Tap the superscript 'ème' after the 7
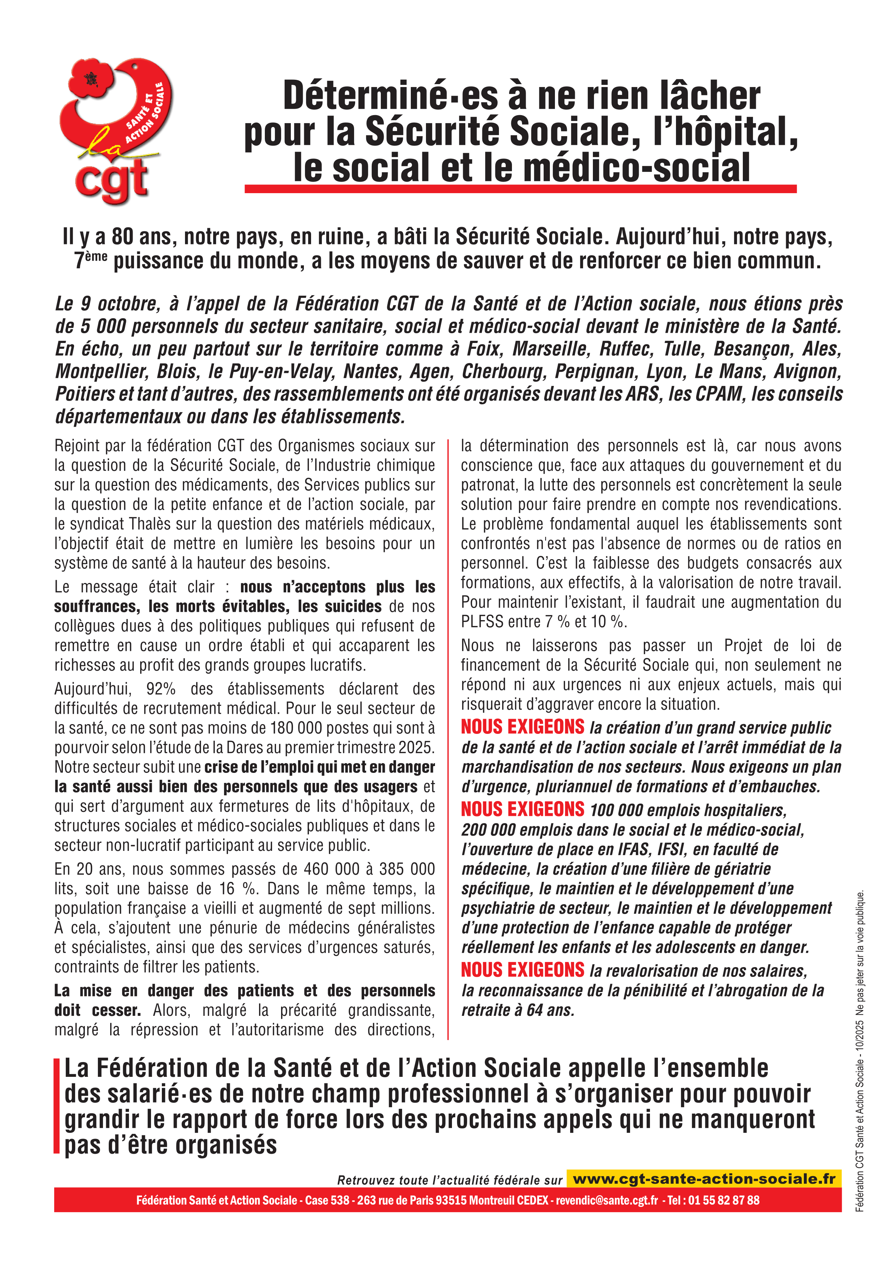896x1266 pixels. click(x=96, y=255)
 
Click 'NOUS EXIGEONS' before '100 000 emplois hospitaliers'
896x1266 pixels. click(x=522, y=809)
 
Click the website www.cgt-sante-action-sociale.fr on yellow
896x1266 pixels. click(x=704, y=1179)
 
